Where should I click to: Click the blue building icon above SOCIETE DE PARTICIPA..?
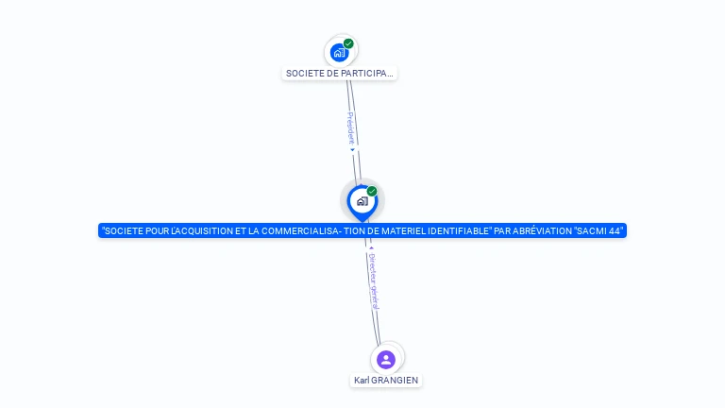pos(339,52)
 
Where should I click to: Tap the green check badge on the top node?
pos(348,43)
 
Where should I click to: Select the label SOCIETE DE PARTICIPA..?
pos(339,73)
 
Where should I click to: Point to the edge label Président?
pos(350,128)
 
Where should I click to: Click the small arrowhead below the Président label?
pos(352,149)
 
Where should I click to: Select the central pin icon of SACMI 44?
pos(362,200)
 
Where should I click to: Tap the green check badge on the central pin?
pos(372,192)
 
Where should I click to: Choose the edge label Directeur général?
pos(374,280)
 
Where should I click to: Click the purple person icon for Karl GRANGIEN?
pos(385,359)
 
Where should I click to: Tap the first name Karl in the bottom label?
pos(362,381)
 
